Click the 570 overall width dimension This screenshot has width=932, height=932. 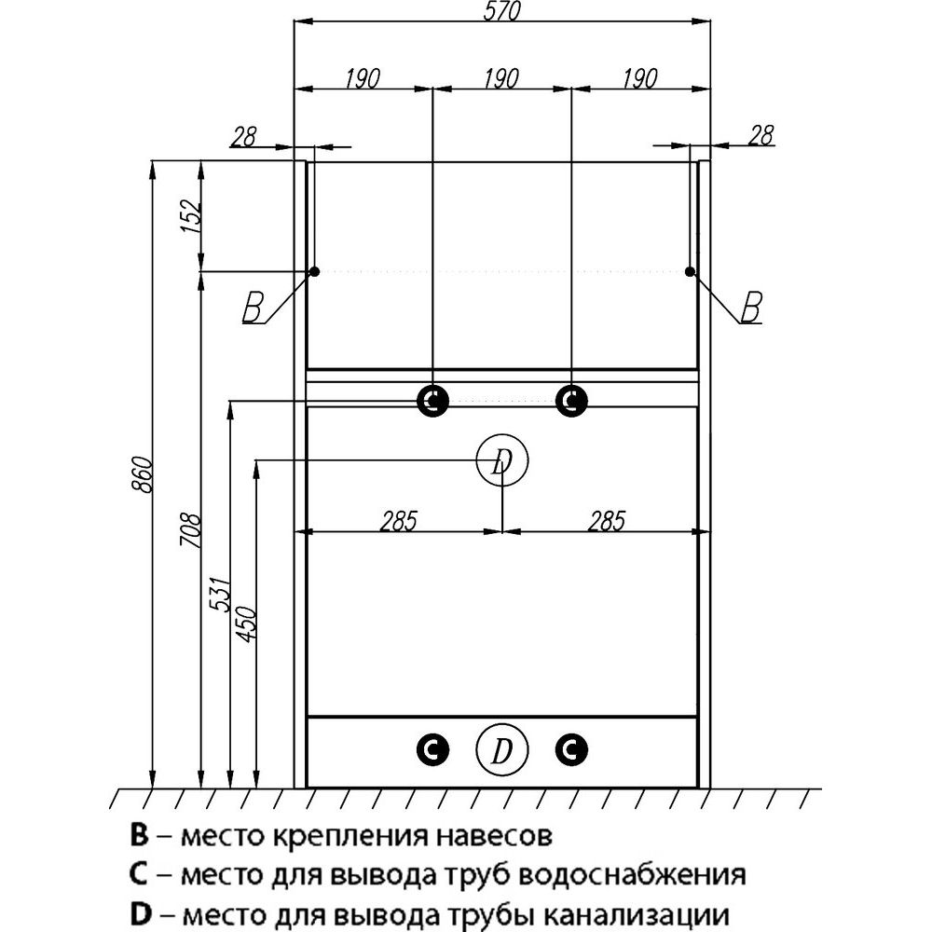[x=500, y=10]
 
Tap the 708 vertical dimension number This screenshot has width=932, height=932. [x=190, y=534]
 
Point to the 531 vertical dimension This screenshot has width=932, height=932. [x=218, y=594]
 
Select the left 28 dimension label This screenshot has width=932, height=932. [x=243, y=136]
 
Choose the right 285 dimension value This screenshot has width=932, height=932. [x=605, y=520]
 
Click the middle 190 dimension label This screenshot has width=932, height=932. [x=500, y=78]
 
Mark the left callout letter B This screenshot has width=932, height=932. [x=252, y=307]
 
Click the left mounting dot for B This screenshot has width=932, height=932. [x=314, y=271]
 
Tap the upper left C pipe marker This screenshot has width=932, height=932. [x=432, y=401]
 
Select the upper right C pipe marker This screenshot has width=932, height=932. [x=571, y=401]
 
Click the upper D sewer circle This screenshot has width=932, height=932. [x=502, y=459]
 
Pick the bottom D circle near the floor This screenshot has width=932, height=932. [x=501, y=749]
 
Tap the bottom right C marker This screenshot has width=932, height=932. [x=571, y=748]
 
